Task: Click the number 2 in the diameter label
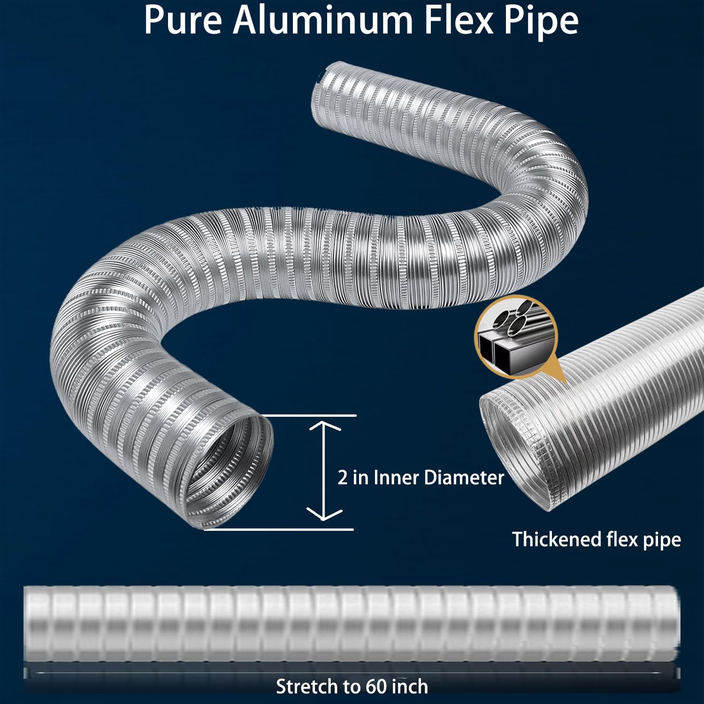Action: (343, 478)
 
